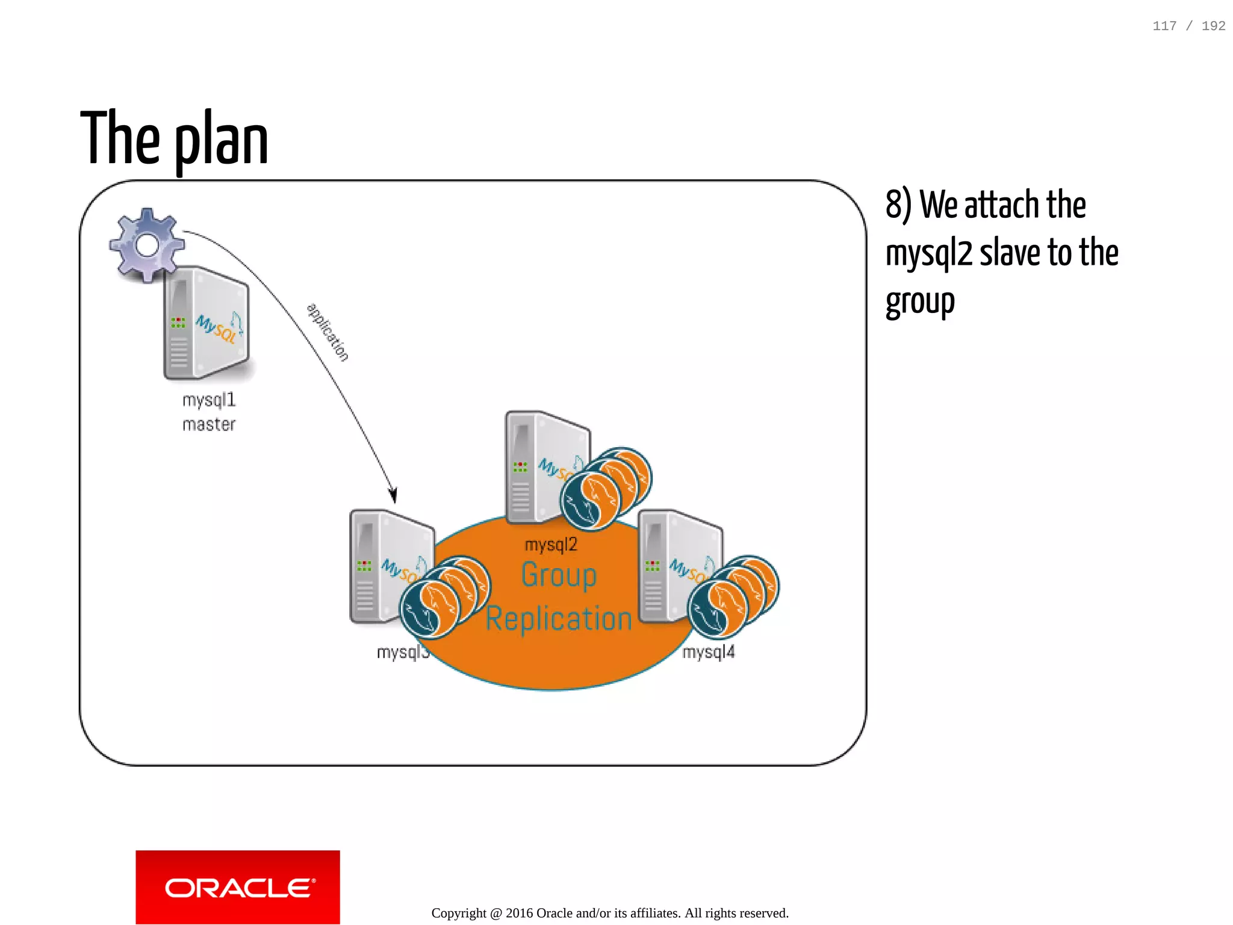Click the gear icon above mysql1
[x=147, y=245]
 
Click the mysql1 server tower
[x=206, y=324]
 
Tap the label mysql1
[x=209, y=400]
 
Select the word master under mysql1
[x=209, y=425]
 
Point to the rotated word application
[x=328, y=332]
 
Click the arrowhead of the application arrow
[x=393, y=495]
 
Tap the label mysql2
[x=551, y=545]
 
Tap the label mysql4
[x=709, y=652]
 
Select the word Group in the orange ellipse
[x=559, y=575]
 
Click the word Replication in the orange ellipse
[x=559, y=619]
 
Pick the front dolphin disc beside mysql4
[x=717, y=608]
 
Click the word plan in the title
[x=222, y=140]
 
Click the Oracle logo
[x=238, y=887]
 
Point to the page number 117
[x=1164, y=26]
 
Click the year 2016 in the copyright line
[x=519, y=913]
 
